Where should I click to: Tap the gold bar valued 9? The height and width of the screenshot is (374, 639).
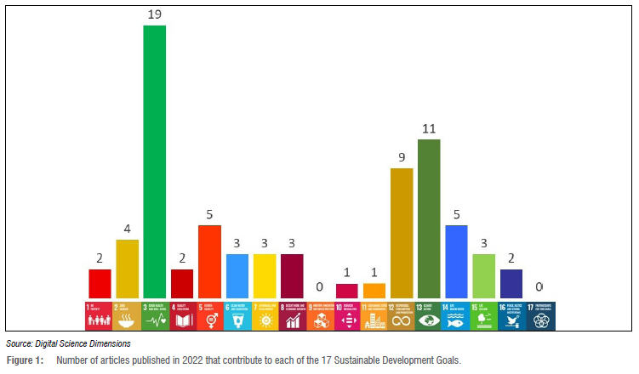402,233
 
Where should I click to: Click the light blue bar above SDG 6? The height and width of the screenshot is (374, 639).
237,276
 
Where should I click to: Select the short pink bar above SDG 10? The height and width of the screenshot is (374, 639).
347,291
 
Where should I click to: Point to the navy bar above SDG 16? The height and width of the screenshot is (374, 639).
511,284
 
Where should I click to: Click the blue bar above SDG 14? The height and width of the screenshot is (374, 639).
457,262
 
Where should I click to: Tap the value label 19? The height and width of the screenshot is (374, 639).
155,14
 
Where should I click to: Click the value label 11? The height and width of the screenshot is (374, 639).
429,128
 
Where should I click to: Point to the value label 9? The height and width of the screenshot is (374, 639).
402,157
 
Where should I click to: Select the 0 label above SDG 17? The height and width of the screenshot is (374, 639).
539,287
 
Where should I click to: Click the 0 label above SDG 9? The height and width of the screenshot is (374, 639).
320,287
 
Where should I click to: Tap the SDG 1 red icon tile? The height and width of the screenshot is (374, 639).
100,314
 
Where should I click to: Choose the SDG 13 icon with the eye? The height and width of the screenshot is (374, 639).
429,314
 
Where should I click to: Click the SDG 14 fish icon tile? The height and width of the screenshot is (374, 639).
457,314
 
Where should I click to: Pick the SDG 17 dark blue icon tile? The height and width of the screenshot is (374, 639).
539,314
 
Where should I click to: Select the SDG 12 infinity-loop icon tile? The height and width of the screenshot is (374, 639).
402,314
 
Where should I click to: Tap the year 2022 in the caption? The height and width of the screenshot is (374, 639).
180,361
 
